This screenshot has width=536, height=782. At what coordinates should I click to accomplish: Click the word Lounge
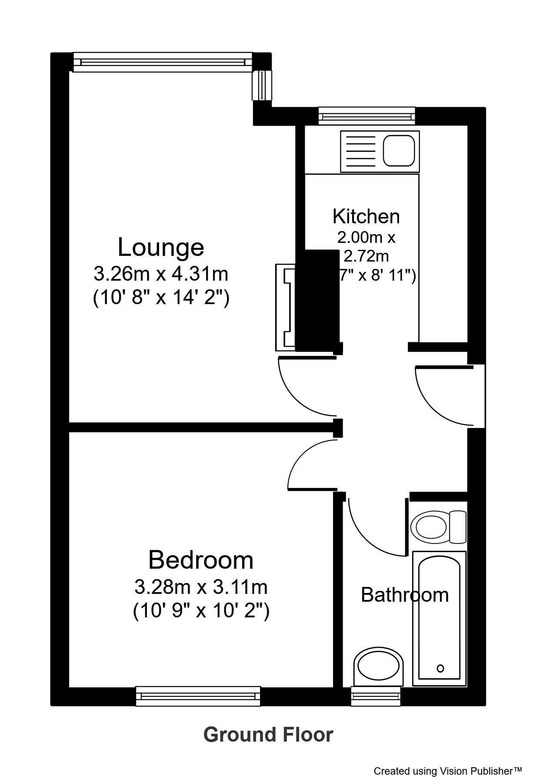161,248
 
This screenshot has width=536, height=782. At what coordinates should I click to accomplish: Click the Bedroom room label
200,560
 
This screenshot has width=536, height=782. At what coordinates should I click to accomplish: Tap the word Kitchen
366,216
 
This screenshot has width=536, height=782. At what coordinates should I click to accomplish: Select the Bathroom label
404,595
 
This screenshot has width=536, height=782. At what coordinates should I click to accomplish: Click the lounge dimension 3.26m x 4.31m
161,274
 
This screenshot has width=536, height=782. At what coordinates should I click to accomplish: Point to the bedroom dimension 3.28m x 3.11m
200,587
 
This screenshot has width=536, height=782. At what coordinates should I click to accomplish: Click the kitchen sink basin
398,150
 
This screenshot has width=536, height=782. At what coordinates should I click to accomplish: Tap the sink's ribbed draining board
360,151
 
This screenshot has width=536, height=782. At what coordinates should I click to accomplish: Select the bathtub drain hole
440,668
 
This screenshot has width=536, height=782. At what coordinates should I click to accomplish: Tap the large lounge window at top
162,62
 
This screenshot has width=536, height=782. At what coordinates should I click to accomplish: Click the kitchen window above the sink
366,116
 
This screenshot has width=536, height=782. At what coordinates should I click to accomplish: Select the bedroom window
198,696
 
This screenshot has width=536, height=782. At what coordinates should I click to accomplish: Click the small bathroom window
375,696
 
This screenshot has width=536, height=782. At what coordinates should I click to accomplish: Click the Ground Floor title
268,735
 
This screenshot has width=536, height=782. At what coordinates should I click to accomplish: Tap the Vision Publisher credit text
447,771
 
